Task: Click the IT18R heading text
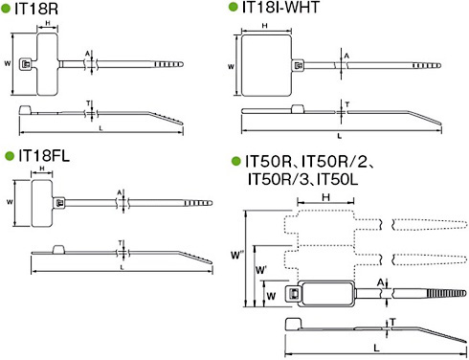(36, 9)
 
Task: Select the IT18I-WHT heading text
(280, 7)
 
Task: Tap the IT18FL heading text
(44, 156)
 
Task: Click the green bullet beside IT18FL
(10, 156)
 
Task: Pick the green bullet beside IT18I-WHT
(234, 8)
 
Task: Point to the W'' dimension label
(237, 255)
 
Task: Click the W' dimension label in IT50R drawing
(260, 270)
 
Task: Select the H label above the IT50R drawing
(325, 197)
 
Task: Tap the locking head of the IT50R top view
(292, 294)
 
